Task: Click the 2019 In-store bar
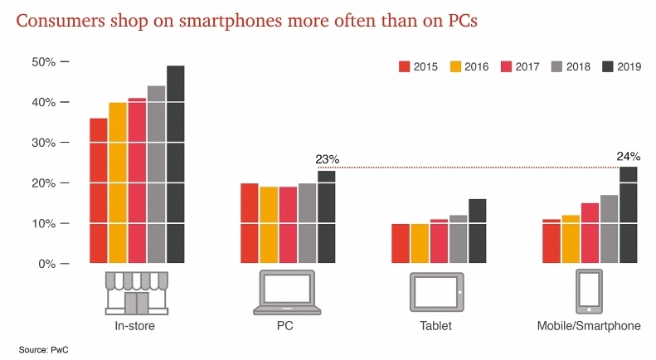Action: [x=176, y=164]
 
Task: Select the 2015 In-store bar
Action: [x=98, y=191]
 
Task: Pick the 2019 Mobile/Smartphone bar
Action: [x=627, y=215]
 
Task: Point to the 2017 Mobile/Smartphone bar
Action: [x=589, y=233]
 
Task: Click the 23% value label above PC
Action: [x=328, y=160]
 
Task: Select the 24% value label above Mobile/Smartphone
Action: [x=627, y=155]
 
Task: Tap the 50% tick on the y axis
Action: [x=43, y=62]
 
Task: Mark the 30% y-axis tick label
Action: [x=43, y=143]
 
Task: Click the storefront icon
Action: [x=136, y=292]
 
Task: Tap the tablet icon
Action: [x=435, y=293]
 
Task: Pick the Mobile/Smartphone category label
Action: [x=588, y=326]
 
